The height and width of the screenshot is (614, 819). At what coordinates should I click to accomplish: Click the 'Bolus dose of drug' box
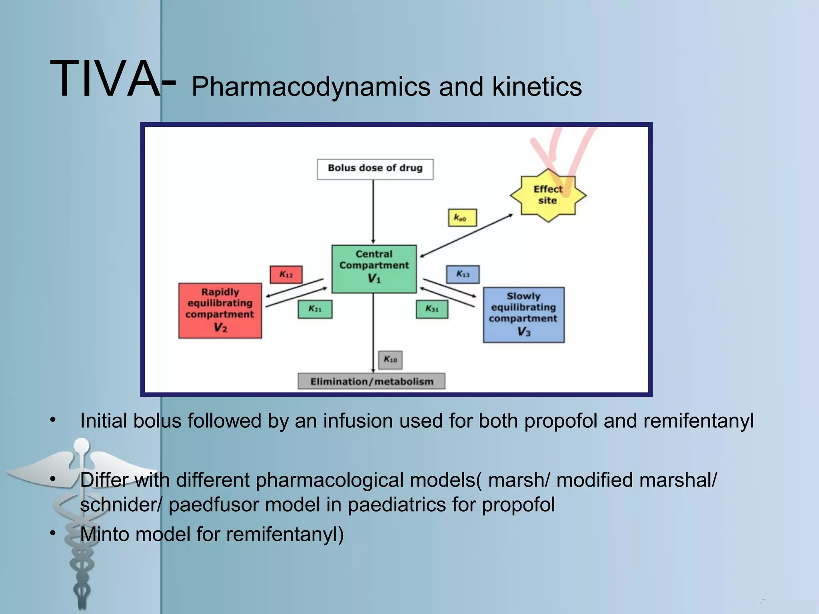[x=375, y=169]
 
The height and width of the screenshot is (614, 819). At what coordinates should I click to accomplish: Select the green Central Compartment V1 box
[x=374, y=269]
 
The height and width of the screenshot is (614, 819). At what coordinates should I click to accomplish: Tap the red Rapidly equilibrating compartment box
[x=220, y=311]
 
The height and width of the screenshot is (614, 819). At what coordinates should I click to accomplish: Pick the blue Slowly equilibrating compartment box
[x=523, y=315]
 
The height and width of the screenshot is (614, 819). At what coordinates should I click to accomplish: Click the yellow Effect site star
[x=547, y=195]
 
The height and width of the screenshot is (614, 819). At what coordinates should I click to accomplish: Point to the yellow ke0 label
[x=462, y=218]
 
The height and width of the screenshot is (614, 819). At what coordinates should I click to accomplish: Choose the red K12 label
[x=286, y=275]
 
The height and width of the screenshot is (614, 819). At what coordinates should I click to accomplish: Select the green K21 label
[x=315, y=309]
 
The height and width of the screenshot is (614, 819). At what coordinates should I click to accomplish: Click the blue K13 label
[x=463, y=274]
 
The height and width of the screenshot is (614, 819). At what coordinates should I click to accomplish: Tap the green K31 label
[x=432, y=309]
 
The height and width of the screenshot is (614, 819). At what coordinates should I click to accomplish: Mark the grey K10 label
[x=390, y=359]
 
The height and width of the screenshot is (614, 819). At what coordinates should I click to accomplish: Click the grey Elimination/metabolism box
[x=372, y=381]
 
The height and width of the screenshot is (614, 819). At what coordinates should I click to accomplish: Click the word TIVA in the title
[x=105, y=78]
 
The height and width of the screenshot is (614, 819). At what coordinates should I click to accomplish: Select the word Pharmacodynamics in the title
[x=311, y=87]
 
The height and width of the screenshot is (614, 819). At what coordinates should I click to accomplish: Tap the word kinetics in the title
[x=537, y=87]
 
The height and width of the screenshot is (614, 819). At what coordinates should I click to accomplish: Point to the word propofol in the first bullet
[x=560, y=421]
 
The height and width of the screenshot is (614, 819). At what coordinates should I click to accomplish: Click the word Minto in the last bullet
[x=104, y=534]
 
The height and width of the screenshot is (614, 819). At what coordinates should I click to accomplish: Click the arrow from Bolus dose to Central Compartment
[x=373, y=212]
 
